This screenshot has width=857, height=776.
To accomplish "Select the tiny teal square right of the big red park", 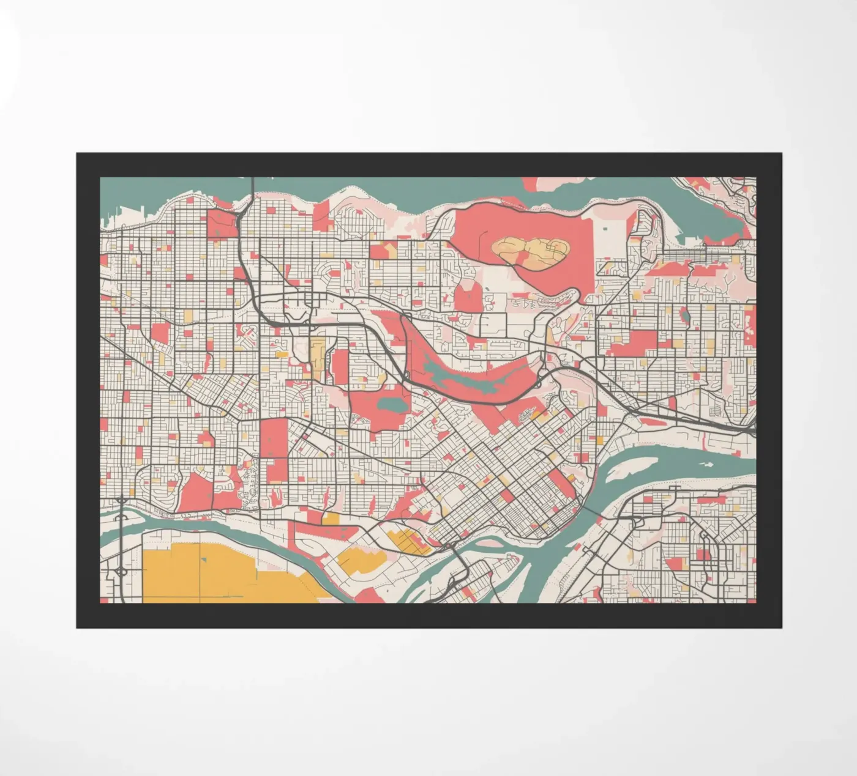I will tap(605, 229).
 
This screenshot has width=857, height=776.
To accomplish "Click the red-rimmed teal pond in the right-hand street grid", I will tap(685, 316).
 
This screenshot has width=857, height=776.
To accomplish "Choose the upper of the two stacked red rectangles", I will tap(274, 437).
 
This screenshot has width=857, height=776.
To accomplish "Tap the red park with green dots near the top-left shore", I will tap(221, 224).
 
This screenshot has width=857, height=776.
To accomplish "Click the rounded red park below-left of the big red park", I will tap(468, 297).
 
